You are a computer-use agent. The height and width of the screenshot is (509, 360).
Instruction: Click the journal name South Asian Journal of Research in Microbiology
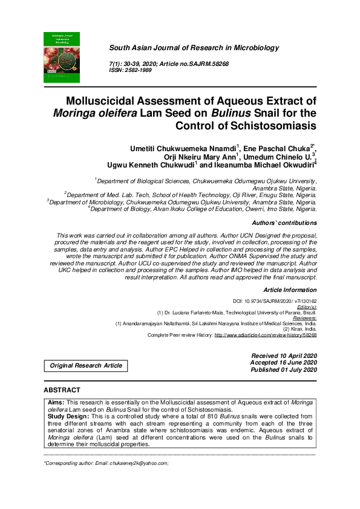194,47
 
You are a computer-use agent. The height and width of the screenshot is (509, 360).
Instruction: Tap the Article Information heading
290,290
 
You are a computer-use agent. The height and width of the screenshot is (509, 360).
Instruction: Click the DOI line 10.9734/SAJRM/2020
275,300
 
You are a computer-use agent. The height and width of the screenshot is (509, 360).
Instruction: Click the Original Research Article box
86,365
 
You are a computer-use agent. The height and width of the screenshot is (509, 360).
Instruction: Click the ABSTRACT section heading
62,391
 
